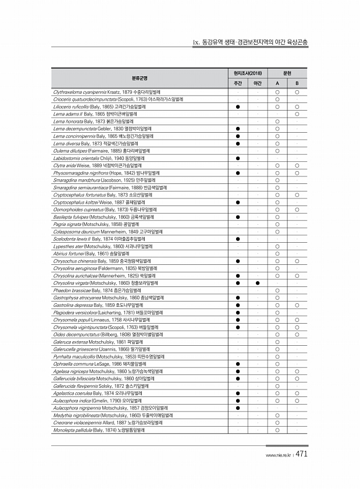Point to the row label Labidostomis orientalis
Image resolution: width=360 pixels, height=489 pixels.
[98, 158]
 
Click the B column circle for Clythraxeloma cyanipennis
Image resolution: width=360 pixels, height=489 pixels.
[297, 92]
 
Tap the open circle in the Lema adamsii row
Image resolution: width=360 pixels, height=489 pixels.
[297, 114]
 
